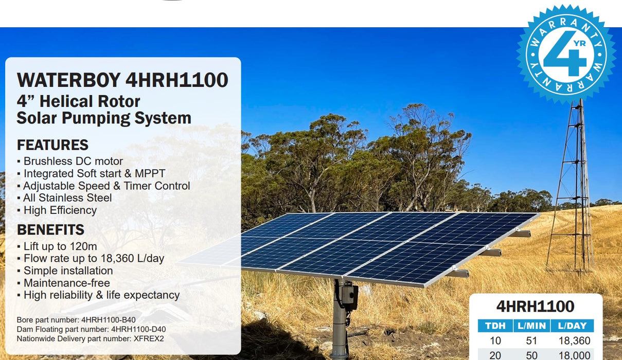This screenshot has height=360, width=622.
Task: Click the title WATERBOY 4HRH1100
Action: click(122, 80)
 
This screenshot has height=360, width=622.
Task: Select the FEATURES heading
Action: click(52, 145)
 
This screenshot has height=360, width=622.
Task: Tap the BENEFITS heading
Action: click(50, 229)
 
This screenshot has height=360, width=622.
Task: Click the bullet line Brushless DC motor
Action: click(73, 161)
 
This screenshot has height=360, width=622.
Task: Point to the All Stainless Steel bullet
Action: click(67, 198)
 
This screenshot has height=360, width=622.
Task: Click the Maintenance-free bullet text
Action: click(66, 283)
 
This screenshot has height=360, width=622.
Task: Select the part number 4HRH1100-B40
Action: click(109, 319)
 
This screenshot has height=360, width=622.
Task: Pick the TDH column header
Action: click(495, 326)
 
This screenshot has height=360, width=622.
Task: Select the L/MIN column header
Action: click(531, 326)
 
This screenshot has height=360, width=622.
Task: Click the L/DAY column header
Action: click(572, 326)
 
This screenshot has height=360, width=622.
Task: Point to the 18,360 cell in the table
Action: click(574, 340)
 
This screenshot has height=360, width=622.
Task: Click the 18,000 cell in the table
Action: click(574, 355)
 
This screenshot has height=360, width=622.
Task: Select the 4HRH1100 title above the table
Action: click(535, 307)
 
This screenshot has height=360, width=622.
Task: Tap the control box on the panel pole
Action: click(349, 296)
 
